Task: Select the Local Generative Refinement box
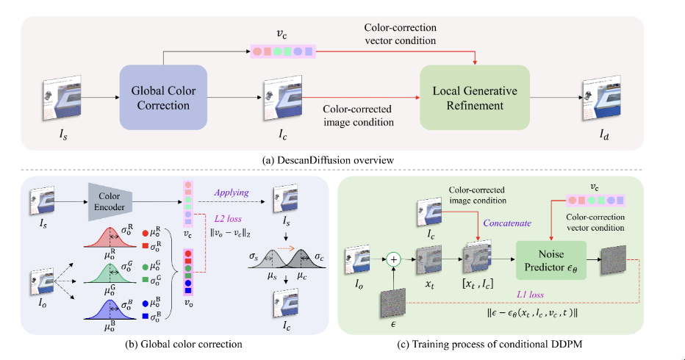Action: [x=475, y=98]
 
